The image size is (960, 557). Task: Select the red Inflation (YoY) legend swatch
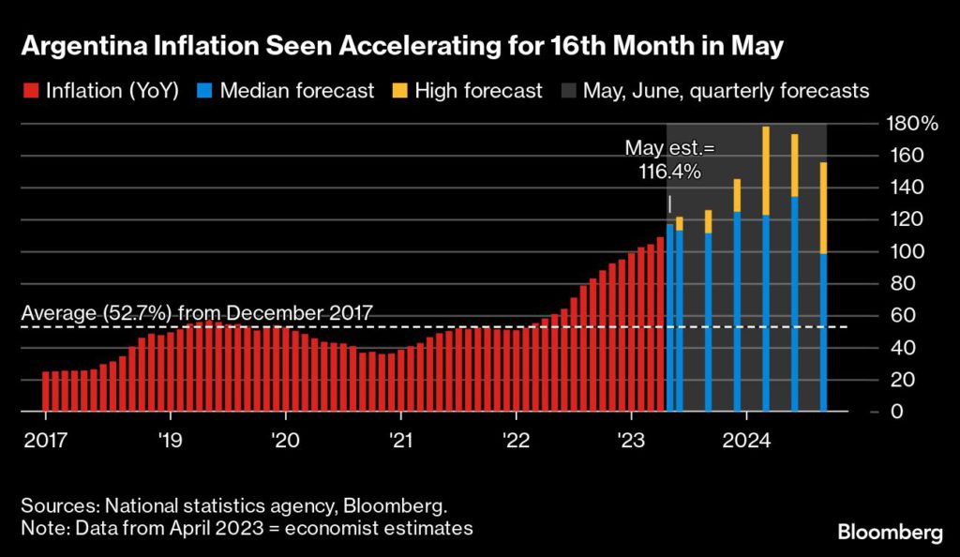[29, 91]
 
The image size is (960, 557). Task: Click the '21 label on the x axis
[400, 440]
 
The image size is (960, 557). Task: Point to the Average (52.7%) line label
[197, 312]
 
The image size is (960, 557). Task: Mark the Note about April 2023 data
[247, 528]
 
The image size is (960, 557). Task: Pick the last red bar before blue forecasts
[660, 324]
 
